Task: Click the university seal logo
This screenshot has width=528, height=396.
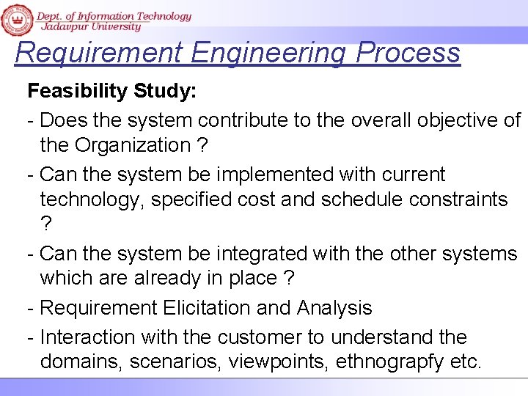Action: pos(16,18)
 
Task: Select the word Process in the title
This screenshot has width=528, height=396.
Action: pos(408,53)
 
